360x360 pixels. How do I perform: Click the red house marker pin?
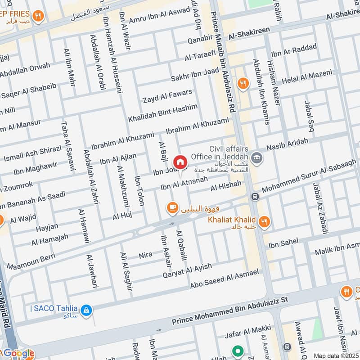(x=180, y=162)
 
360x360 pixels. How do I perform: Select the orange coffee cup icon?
(x=172, y=207)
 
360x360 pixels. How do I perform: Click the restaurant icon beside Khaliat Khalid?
(x=265, y=221)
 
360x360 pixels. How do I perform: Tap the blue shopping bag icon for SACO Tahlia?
(x=86, y=310)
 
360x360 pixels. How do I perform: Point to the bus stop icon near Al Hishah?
(x=255, y=197)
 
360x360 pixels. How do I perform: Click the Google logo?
(x=18, y=353)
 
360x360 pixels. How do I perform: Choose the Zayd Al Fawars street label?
(x=167, y=96)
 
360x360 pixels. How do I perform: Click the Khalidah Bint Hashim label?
(x=162, y=112)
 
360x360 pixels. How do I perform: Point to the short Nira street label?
(x=145, y=255)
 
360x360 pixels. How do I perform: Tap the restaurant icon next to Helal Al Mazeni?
(x=243, y=82)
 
